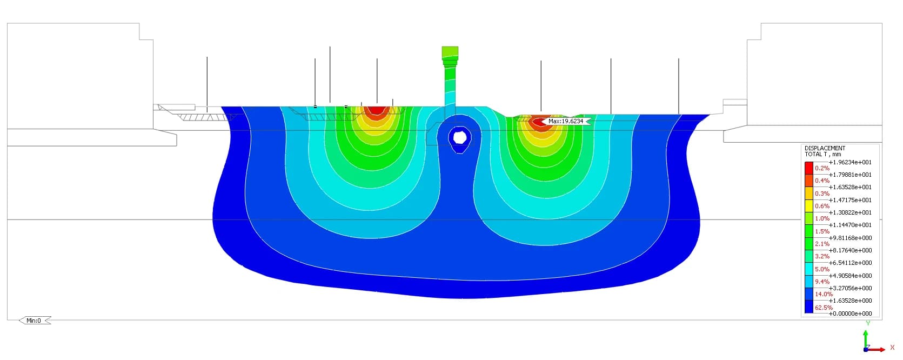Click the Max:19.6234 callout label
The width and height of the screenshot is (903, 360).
(x=566, y=121)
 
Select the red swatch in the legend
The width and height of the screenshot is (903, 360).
(x=808, y=168)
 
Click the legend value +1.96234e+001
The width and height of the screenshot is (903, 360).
(x=850, y=162)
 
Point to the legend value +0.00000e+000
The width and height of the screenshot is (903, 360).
(x=850, y=313)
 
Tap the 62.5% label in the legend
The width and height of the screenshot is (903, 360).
(x=824, y=308)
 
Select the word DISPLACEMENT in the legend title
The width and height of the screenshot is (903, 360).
(x=825, y=148)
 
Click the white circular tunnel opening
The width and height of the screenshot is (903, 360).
(x=460, y=137)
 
